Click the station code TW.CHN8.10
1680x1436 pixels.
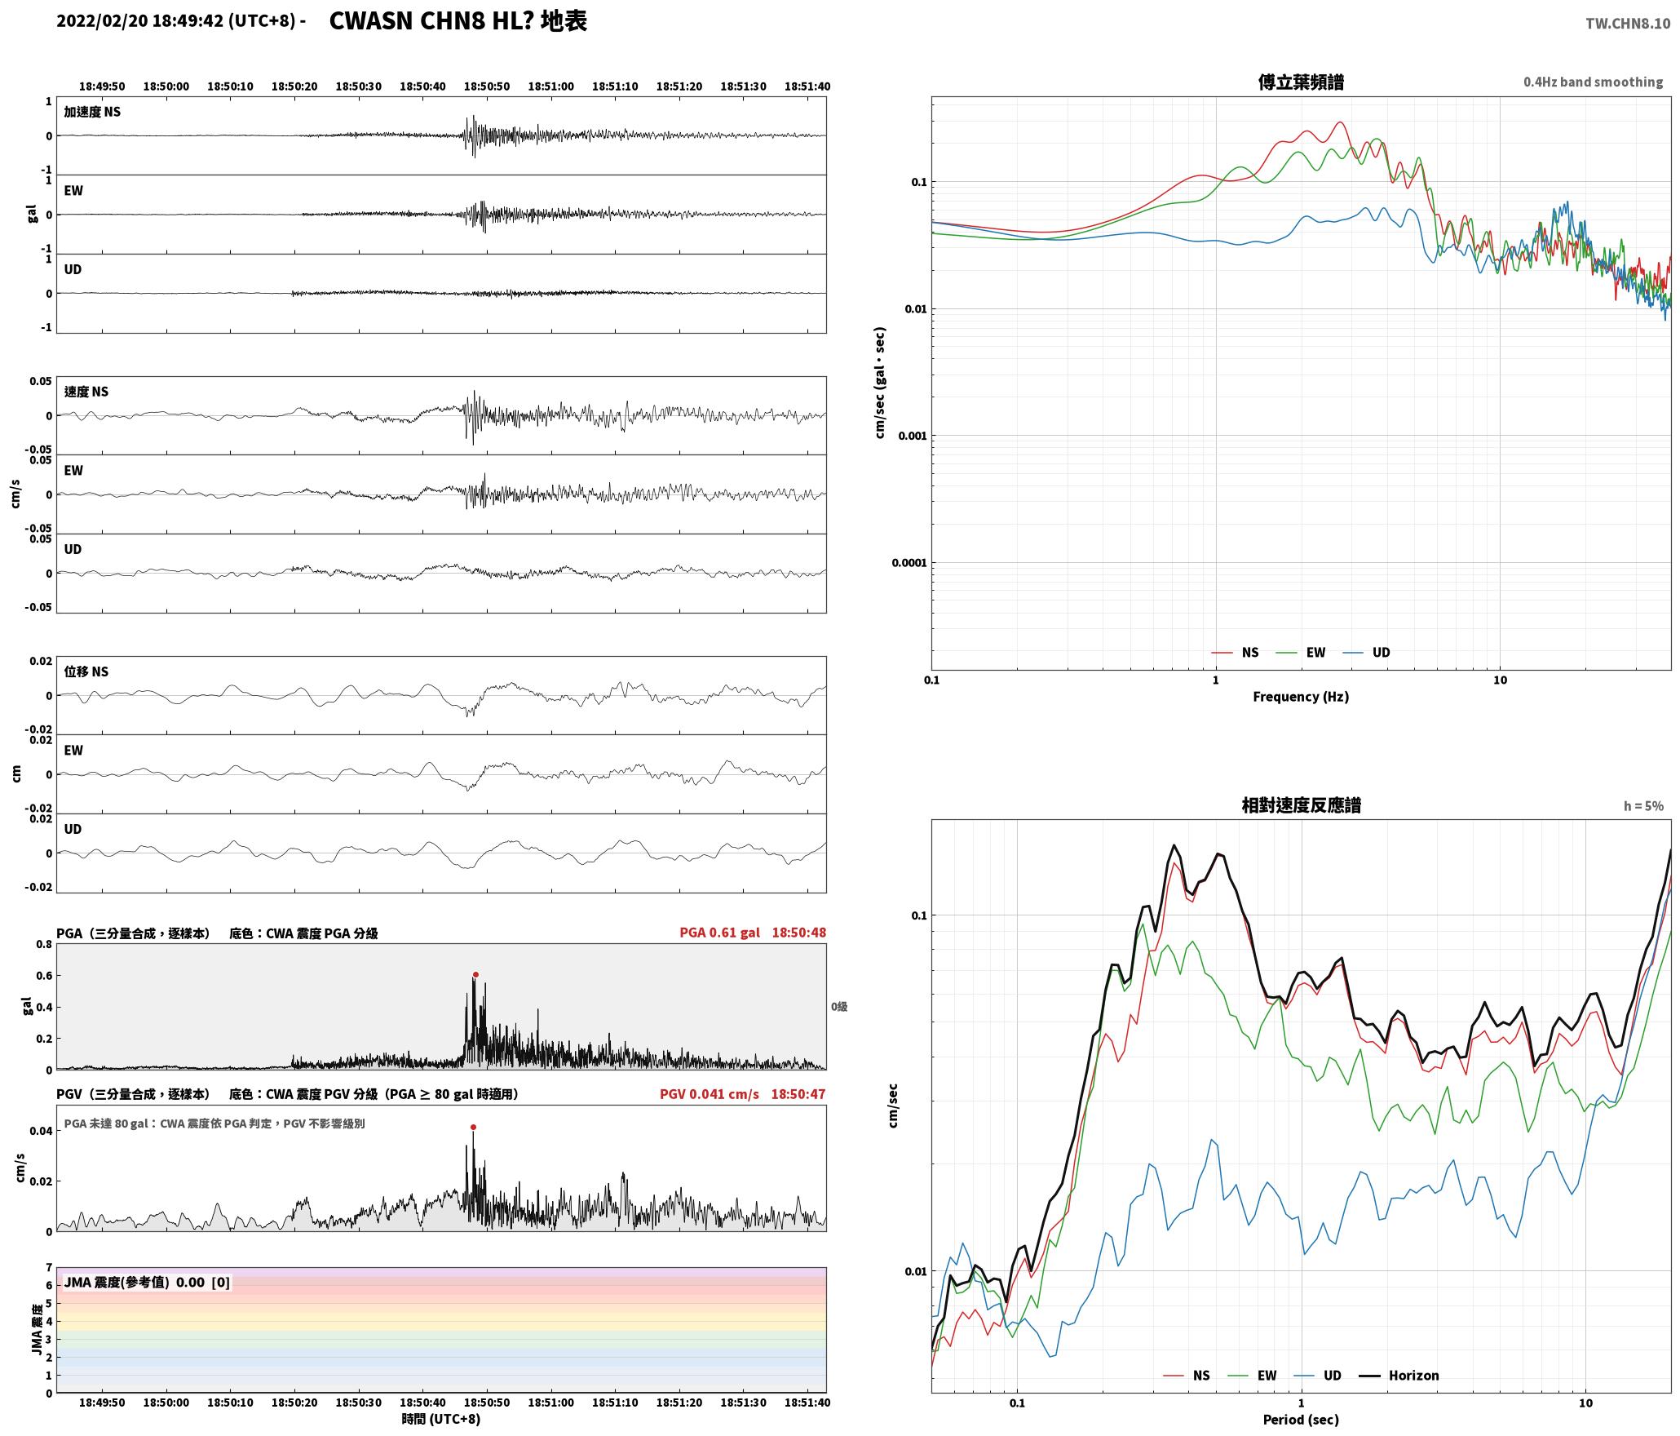tap(1627, 24)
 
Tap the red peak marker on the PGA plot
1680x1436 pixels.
tap(475, 974)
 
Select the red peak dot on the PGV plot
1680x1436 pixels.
tap(473, 1127)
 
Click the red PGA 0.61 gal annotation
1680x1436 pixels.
tap(719, 932)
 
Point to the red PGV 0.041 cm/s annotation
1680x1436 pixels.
tap(709, 1093)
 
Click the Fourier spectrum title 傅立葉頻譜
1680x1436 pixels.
tap(1301, 82)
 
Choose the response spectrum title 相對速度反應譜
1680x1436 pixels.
tap(1301, 804)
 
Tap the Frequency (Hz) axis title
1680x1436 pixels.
tap(1301, 696)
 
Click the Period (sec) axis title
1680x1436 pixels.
tap(1301, 1419)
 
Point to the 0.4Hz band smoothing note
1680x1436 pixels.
tap(1593, 82)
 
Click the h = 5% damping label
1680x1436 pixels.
tap(1643, 805)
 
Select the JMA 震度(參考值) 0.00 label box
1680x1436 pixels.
tap(147, 1282)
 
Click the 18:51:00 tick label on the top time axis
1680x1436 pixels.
tap(550, 86)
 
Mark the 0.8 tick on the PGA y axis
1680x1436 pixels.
tap(43, 944)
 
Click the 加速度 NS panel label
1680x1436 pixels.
tap(92, 111)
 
